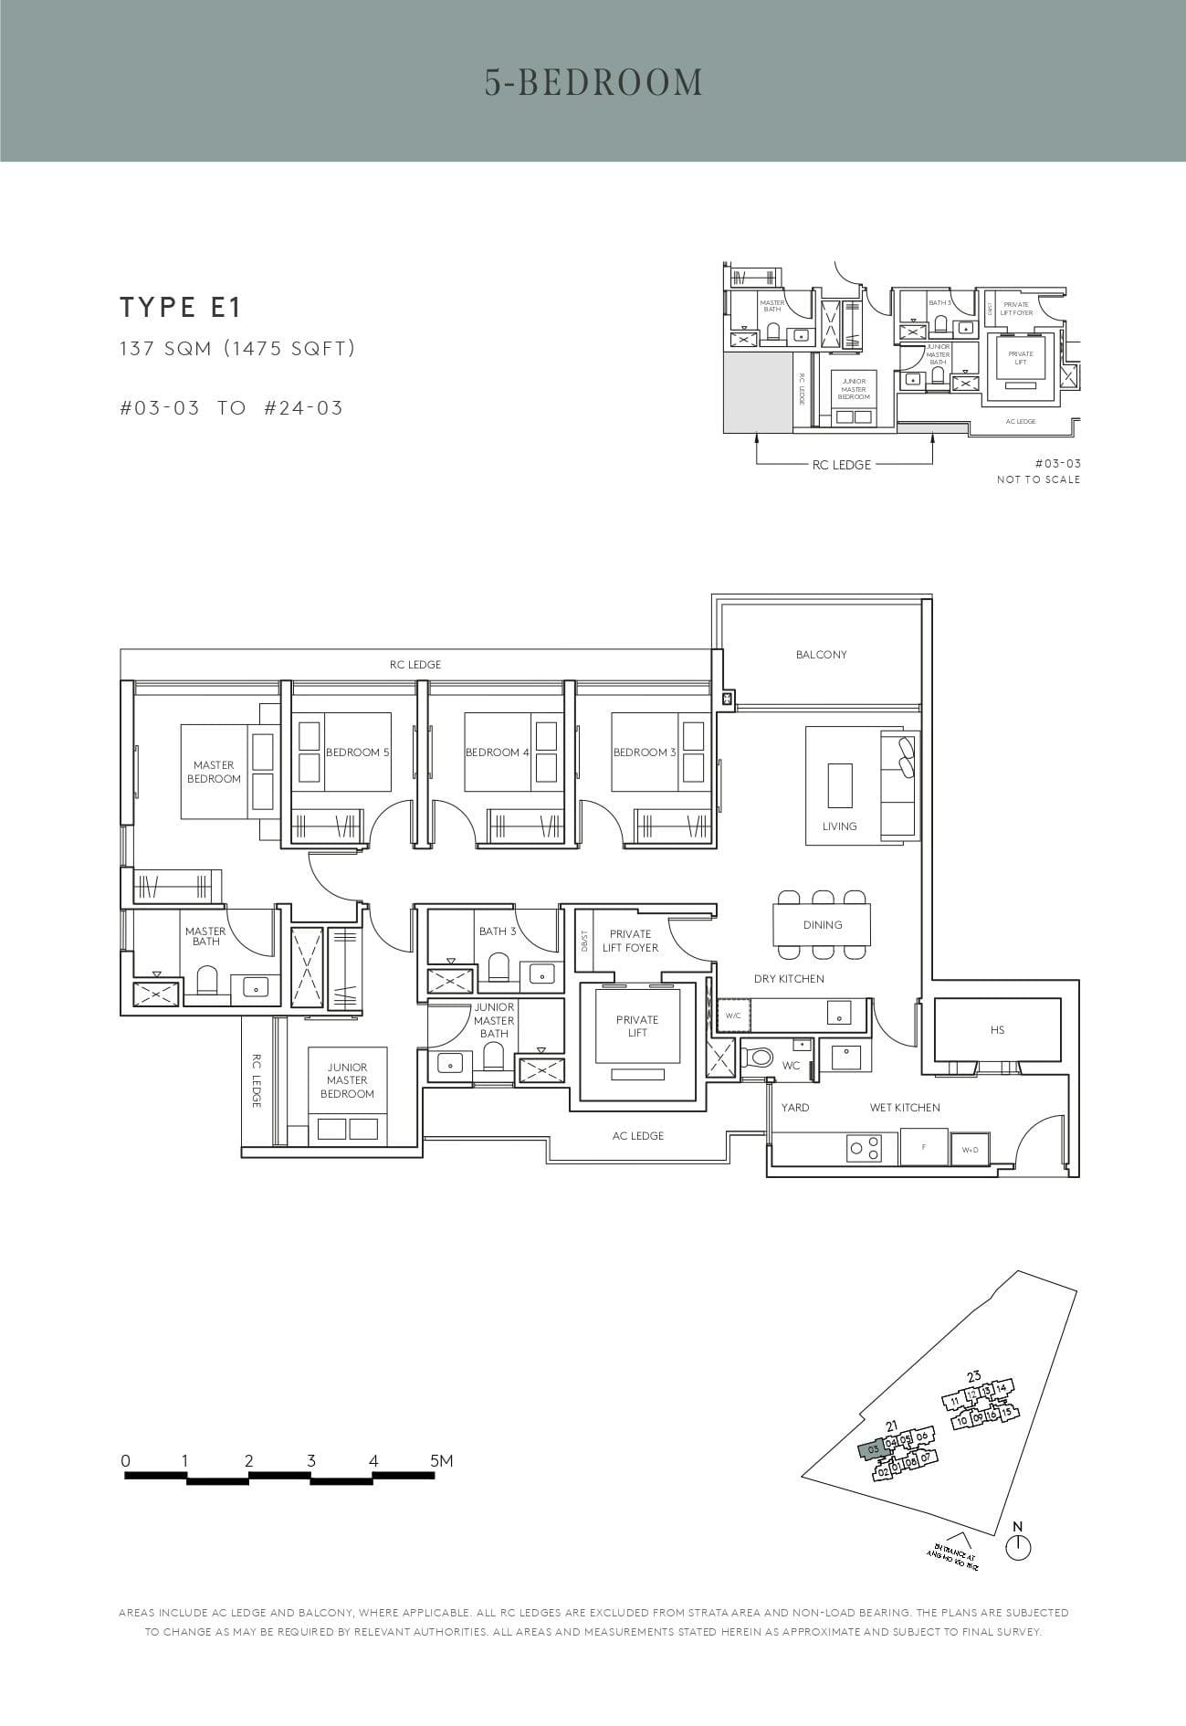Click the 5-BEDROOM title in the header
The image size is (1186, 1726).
tap(593, 82)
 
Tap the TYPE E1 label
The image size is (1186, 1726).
tap(180, 308)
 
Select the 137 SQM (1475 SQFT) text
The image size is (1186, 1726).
tap(236, 348)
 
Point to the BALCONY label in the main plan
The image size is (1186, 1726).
tap(821, 655)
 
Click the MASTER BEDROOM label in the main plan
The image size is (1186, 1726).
tap(214, 772)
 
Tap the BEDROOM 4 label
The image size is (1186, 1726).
tap(497, 752)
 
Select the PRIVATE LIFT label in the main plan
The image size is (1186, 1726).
tap(636, 1026)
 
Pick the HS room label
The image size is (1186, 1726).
tap(997, 1030)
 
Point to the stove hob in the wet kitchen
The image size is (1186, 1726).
tap(865, 1148)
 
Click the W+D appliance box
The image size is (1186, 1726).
tap(969, 1150)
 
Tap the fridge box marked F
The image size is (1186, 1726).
tap(924, 1147)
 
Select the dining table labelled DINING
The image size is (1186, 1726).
tap(822, 925)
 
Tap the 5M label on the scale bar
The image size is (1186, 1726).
tap(441, 1461)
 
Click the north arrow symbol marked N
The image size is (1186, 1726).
tap(1018, 1546)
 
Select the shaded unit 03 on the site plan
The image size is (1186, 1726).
tap(872, 1449)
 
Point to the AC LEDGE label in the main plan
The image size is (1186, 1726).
tap(637, 1136)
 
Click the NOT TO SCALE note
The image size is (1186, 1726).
tap(1037, 479)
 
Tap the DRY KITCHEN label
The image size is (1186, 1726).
tap(789, 979)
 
